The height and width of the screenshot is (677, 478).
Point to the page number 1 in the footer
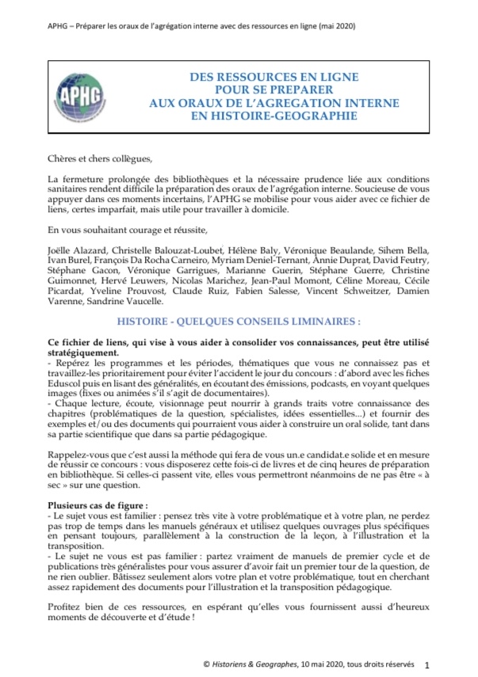(427, 665)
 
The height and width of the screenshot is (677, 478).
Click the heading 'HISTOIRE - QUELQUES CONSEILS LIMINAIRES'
(239, 322)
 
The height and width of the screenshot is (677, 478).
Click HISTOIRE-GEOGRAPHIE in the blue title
(275, 116)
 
